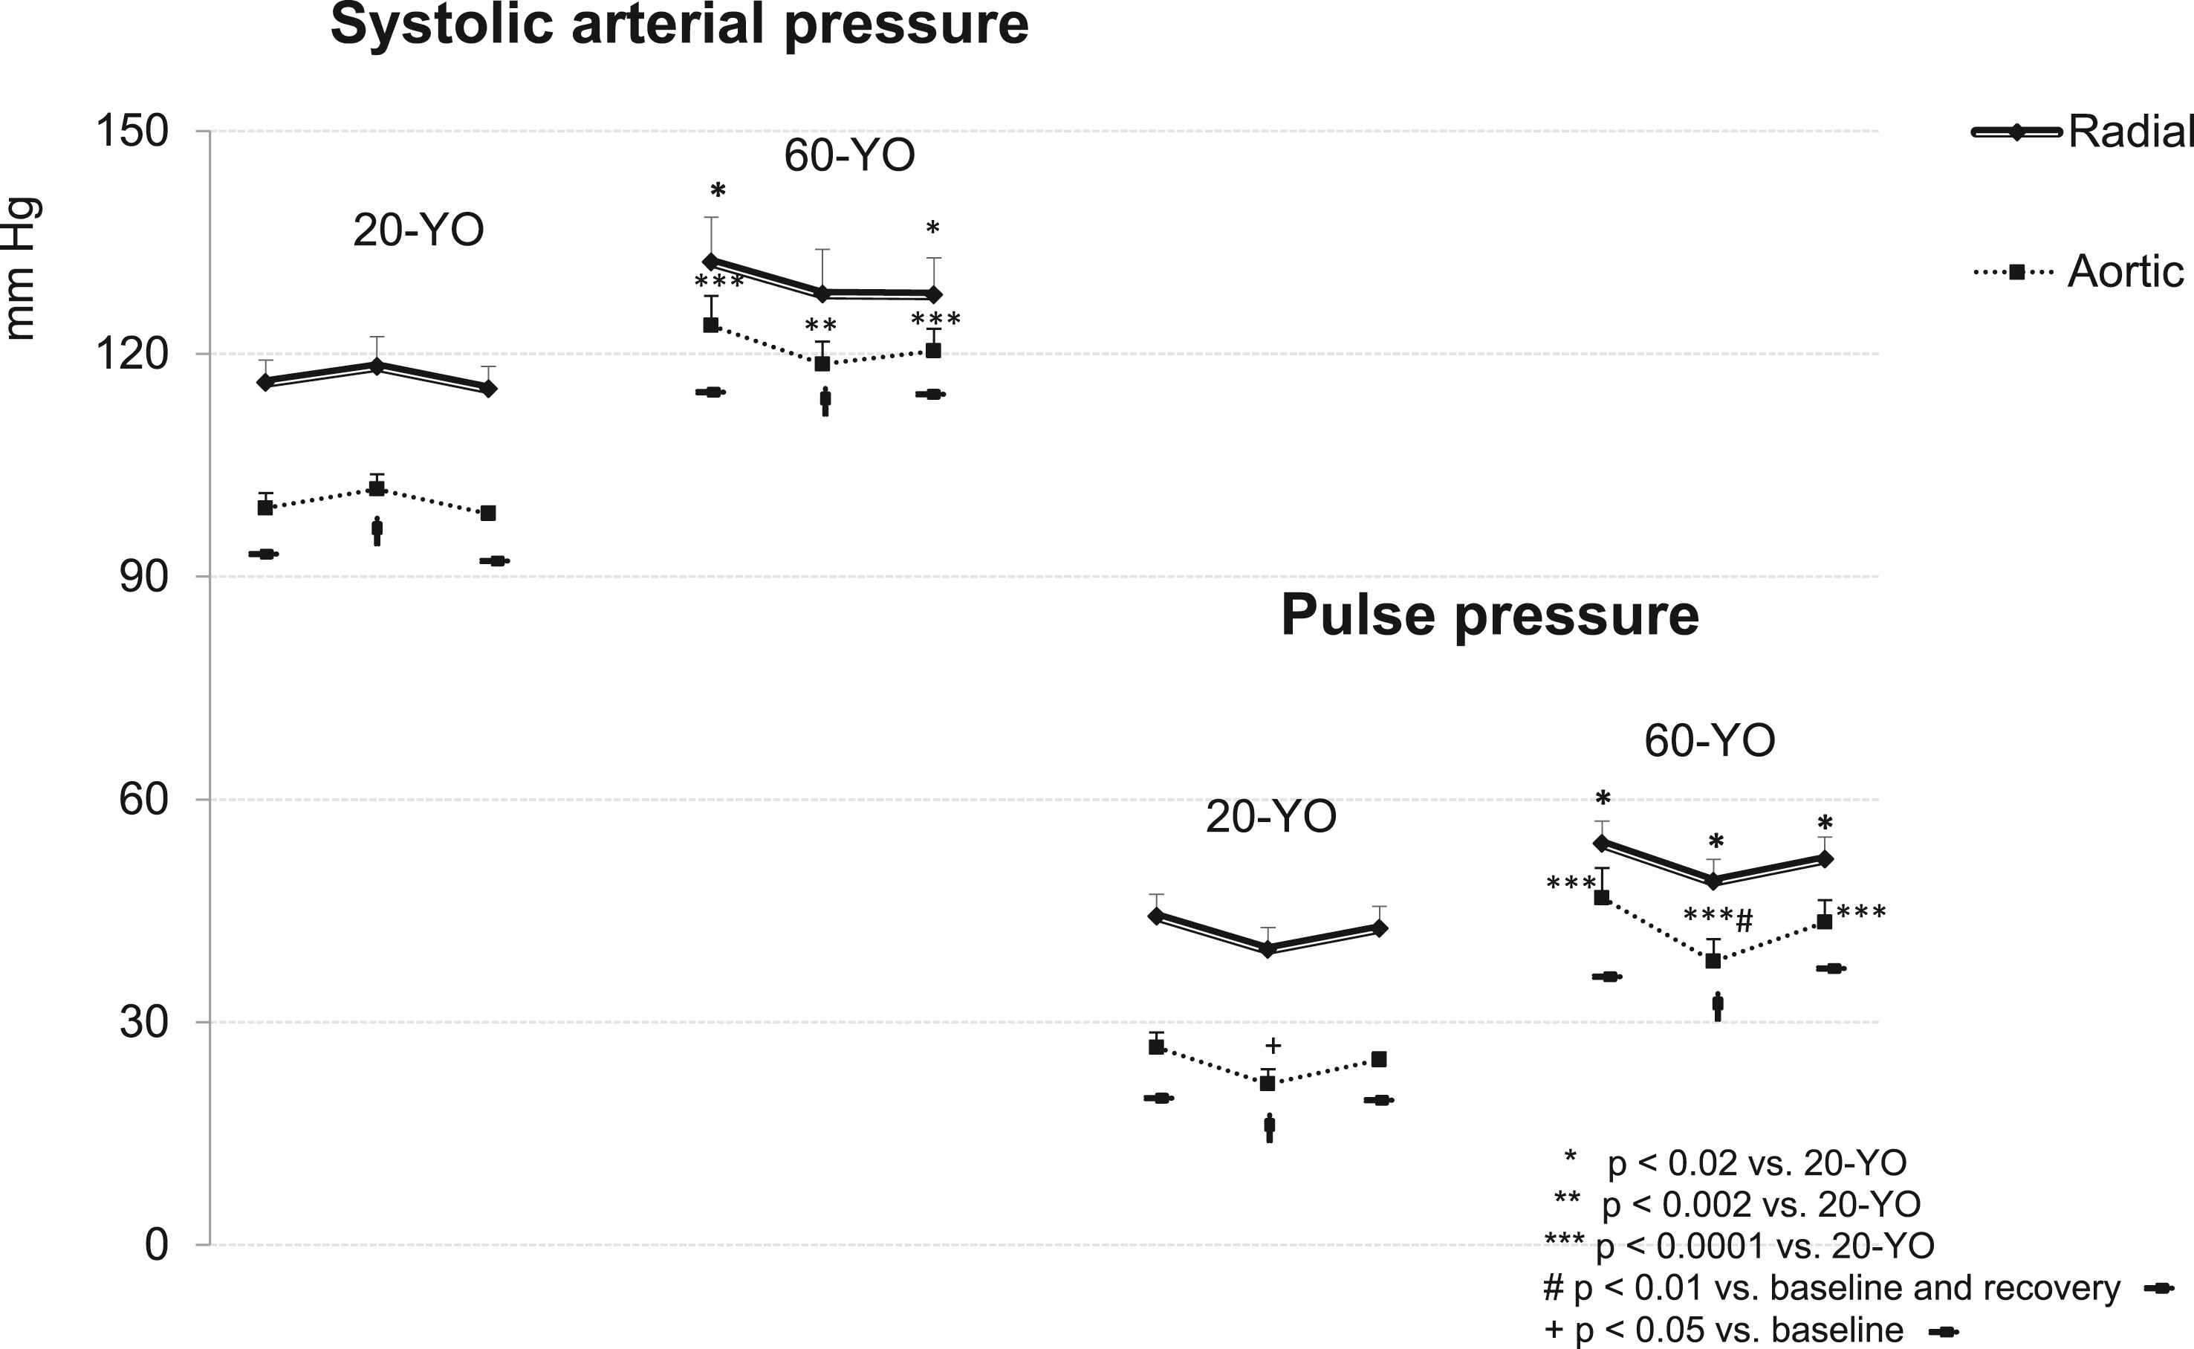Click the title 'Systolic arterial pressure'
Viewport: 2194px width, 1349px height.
[x=680, y=25]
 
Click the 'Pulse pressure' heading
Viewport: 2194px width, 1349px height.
[x=1490, y=615]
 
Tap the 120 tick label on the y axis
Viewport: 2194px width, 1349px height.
[x=132, y=355]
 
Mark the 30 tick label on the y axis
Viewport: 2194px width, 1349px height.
[x=143, y=1021]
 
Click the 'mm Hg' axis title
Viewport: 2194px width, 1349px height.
[x=22, y=268]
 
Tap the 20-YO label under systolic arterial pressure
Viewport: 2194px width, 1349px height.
[x=418, y=230]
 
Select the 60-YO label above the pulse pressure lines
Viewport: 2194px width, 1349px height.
[x=1710, y=740]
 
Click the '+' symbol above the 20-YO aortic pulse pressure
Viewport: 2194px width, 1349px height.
[x=1273, y=1046]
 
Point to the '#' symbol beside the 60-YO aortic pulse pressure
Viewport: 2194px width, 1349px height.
[x=1745, y=920]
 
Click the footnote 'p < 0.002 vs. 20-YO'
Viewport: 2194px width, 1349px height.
[x=1761, y=1206]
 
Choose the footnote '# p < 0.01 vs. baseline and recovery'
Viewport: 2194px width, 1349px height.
[x=1832, y=1288]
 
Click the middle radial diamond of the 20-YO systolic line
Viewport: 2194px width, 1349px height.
[x=377, y=366]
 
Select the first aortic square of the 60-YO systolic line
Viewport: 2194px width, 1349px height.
[x=711, y=325]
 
